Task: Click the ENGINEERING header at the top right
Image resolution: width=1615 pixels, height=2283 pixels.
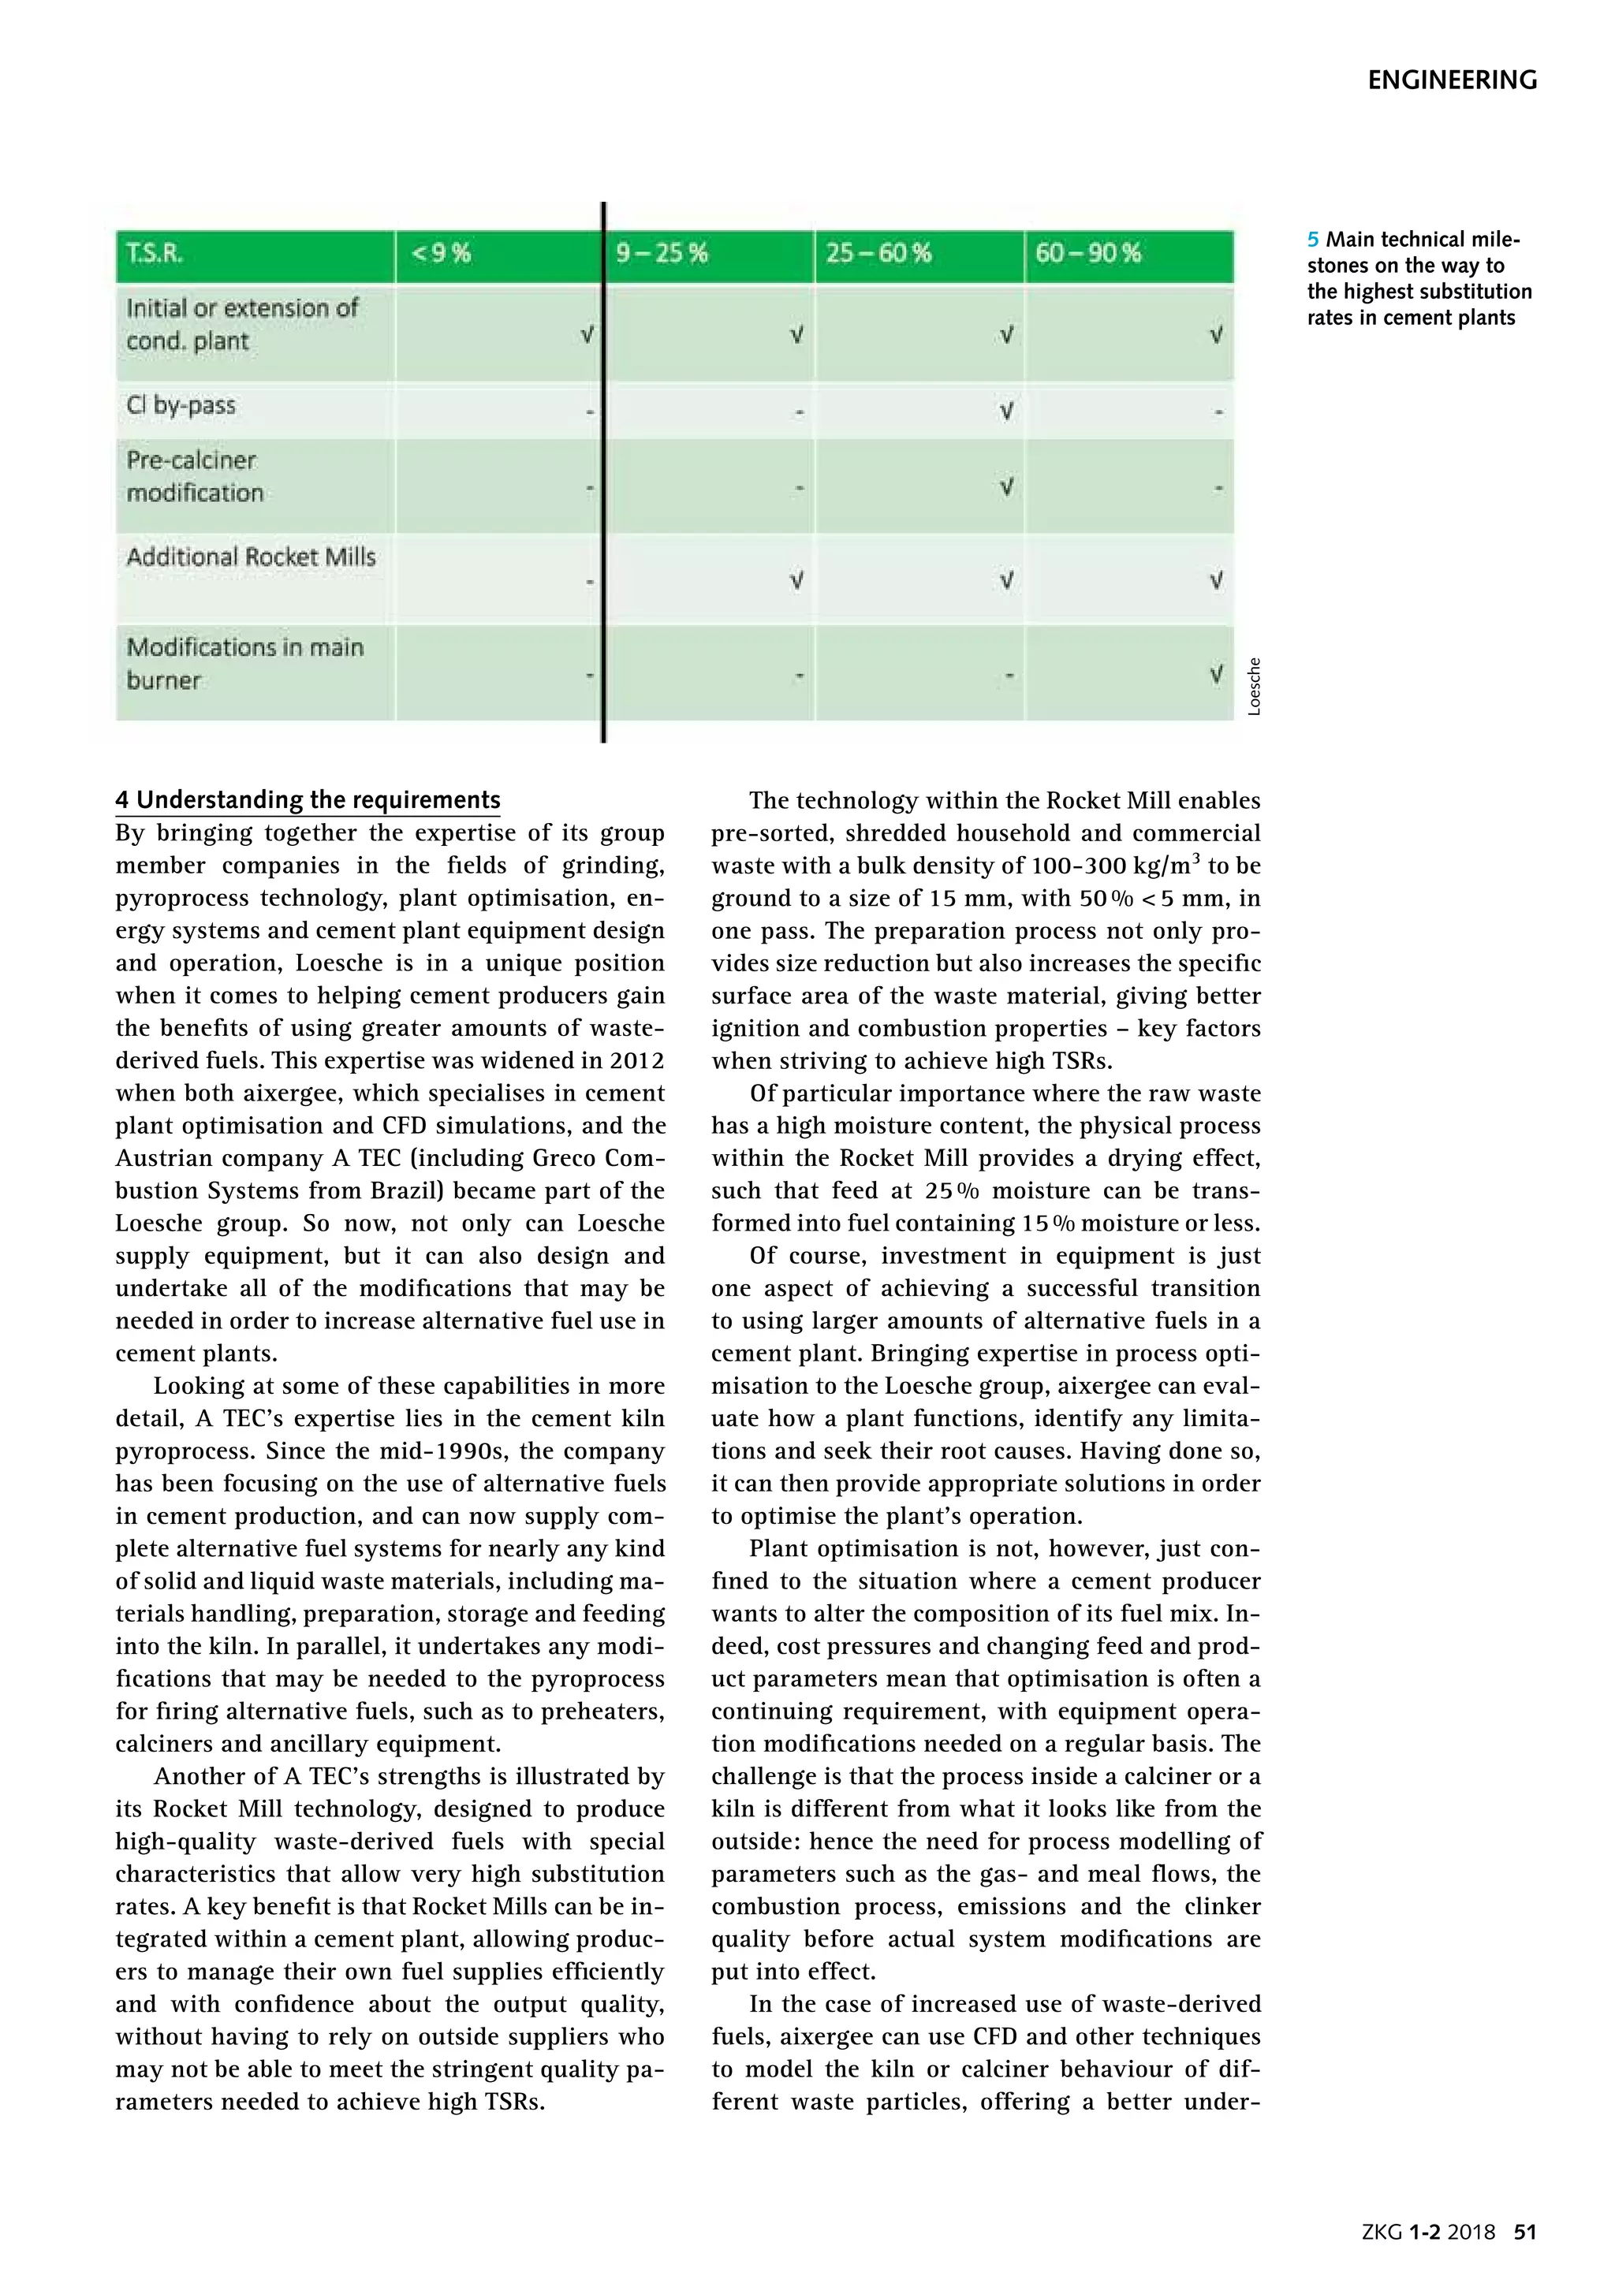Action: (x=1451, y=80)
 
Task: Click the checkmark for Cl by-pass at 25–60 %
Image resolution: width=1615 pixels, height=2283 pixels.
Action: (x=1006, y=410)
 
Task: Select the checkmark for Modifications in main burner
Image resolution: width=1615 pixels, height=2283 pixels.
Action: (x=1215, y=675)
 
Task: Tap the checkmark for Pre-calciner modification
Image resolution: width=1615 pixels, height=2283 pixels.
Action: (x=1006, y=486)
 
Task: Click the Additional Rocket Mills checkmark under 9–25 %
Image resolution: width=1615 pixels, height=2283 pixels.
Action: (x=796, y=579)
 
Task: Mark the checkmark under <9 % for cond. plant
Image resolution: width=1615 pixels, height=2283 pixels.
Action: (x=587, y=335)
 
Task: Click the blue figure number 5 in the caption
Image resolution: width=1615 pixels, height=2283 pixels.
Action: (x=1313, y=240)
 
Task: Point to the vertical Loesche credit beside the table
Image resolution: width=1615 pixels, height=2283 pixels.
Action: (x=1254, y=686)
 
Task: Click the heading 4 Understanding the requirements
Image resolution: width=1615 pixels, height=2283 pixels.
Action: (x=308, y=800)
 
